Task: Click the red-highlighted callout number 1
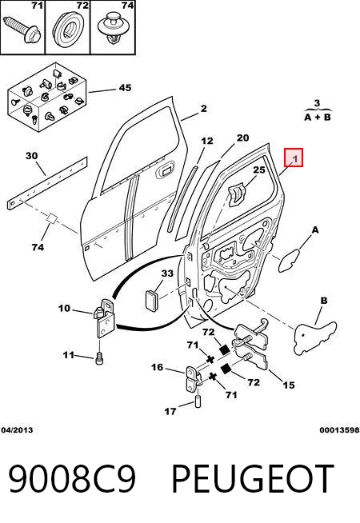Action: (x=294, y=158)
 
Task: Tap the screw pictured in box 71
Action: (x=22, y=29)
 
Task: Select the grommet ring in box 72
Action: (x=68, y=28)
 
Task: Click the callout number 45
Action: (x=125, y=88)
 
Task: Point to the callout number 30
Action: (x=32, y=156)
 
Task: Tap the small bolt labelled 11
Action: (x=99, y=358)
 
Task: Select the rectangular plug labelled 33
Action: (x=152, y=301)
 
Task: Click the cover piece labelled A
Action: (x=288, y=260)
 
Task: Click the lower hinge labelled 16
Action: (x=193, y=380)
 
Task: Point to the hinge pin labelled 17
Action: (x=198, y=401)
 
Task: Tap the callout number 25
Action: (x=259, y=170)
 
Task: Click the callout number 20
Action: (x=242, y=138)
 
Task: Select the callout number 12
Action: (x=207, y=141)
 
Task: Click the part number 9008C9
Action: (x=72, y=478)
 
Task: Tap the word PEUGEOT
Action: (x=253, y=478)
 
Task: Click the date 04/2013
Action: (x=17, y=430)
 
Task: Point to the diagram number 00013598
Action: (x=339, y=430)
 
